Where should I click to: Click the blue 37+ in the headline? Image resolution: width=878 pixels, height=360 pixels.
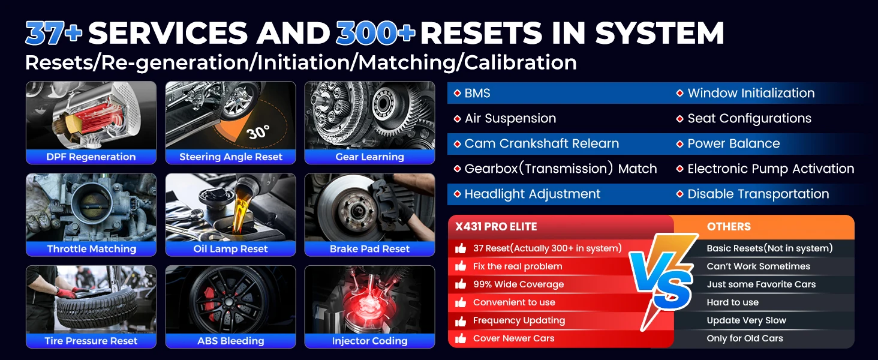(54, 32)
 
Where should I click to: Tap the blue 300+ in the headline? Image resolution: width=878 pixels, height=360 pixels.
(375, 32)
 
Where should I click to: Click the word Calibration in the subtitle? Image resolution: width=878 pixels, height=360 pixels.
(521, 62)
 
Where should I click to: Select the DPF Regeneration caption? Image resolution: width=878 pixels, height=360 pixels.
(91, 157)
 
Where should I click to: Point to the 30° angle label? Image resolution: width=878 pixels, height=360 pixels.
(258, 132)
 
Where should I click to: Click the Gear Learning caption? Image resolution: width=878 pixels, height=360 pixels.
(369, 157)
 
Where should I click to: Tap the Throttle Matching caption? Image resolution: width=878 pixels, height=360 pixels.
(91, 248)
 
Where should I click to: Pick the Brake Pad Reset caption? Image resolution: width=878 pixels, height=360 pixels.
(369, 248)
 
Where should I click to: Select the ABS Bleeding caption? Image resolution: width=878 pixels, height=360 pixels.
(230, 341)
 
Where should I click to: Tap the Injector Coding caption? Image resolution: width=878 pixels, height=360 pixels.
(369, 341)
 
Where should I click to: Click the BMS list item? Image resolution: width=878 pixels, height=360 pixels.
(477, 93)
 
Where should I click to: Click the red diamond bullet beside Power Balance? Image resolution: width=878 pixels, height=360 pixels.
(679, 143)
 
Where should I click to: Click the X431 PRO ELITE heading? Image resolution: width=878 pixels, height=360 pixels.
(496, 227)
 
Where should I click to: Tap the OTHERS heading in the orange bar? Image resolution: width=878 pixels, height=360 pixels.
(729, 227)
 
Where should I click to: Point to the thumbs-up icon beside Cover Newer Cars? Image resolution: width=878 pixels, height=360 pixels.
(461, 338)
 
